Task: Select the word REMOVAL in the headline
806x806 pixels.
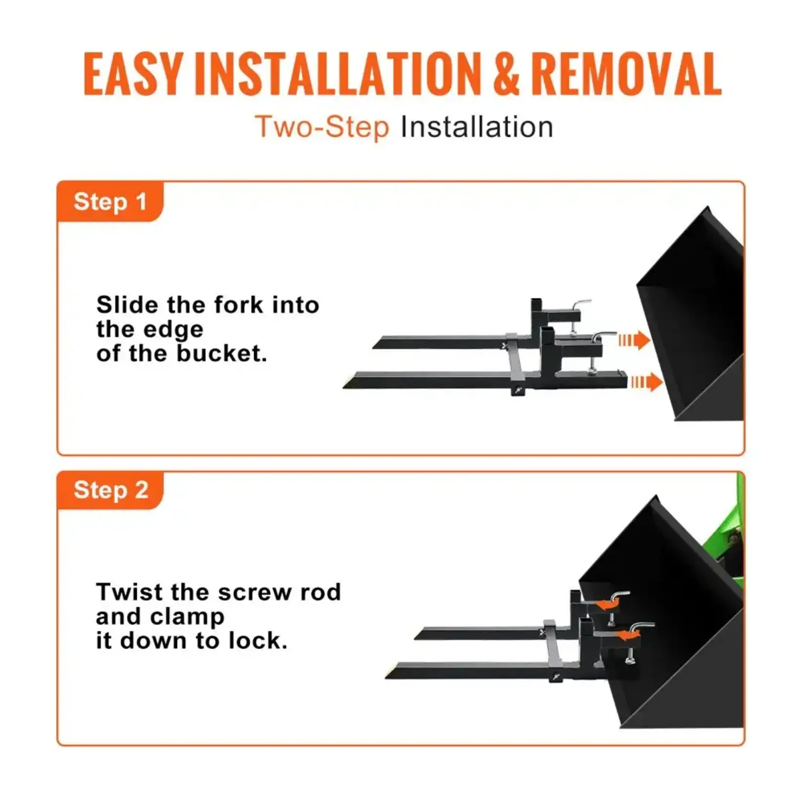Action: pos(626,74)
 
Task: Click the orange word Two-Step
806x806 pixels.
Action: pos(322,128)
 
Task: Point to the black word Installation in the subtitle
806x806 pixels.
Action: pos(477,128)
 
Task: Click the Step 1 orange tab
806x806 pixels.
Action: pos(110,201)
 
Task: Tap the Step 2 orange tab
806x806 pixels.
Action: pos(111,490)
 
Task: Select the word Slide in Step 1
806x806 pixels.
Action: pos(127,305)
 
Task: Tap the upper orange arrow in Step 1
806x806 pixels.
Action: pos(634,340)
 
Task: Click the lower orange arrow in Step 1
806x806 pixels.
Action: pos(646,382)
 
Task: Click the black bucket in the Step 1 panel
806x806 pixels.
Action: pos(693,312)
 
